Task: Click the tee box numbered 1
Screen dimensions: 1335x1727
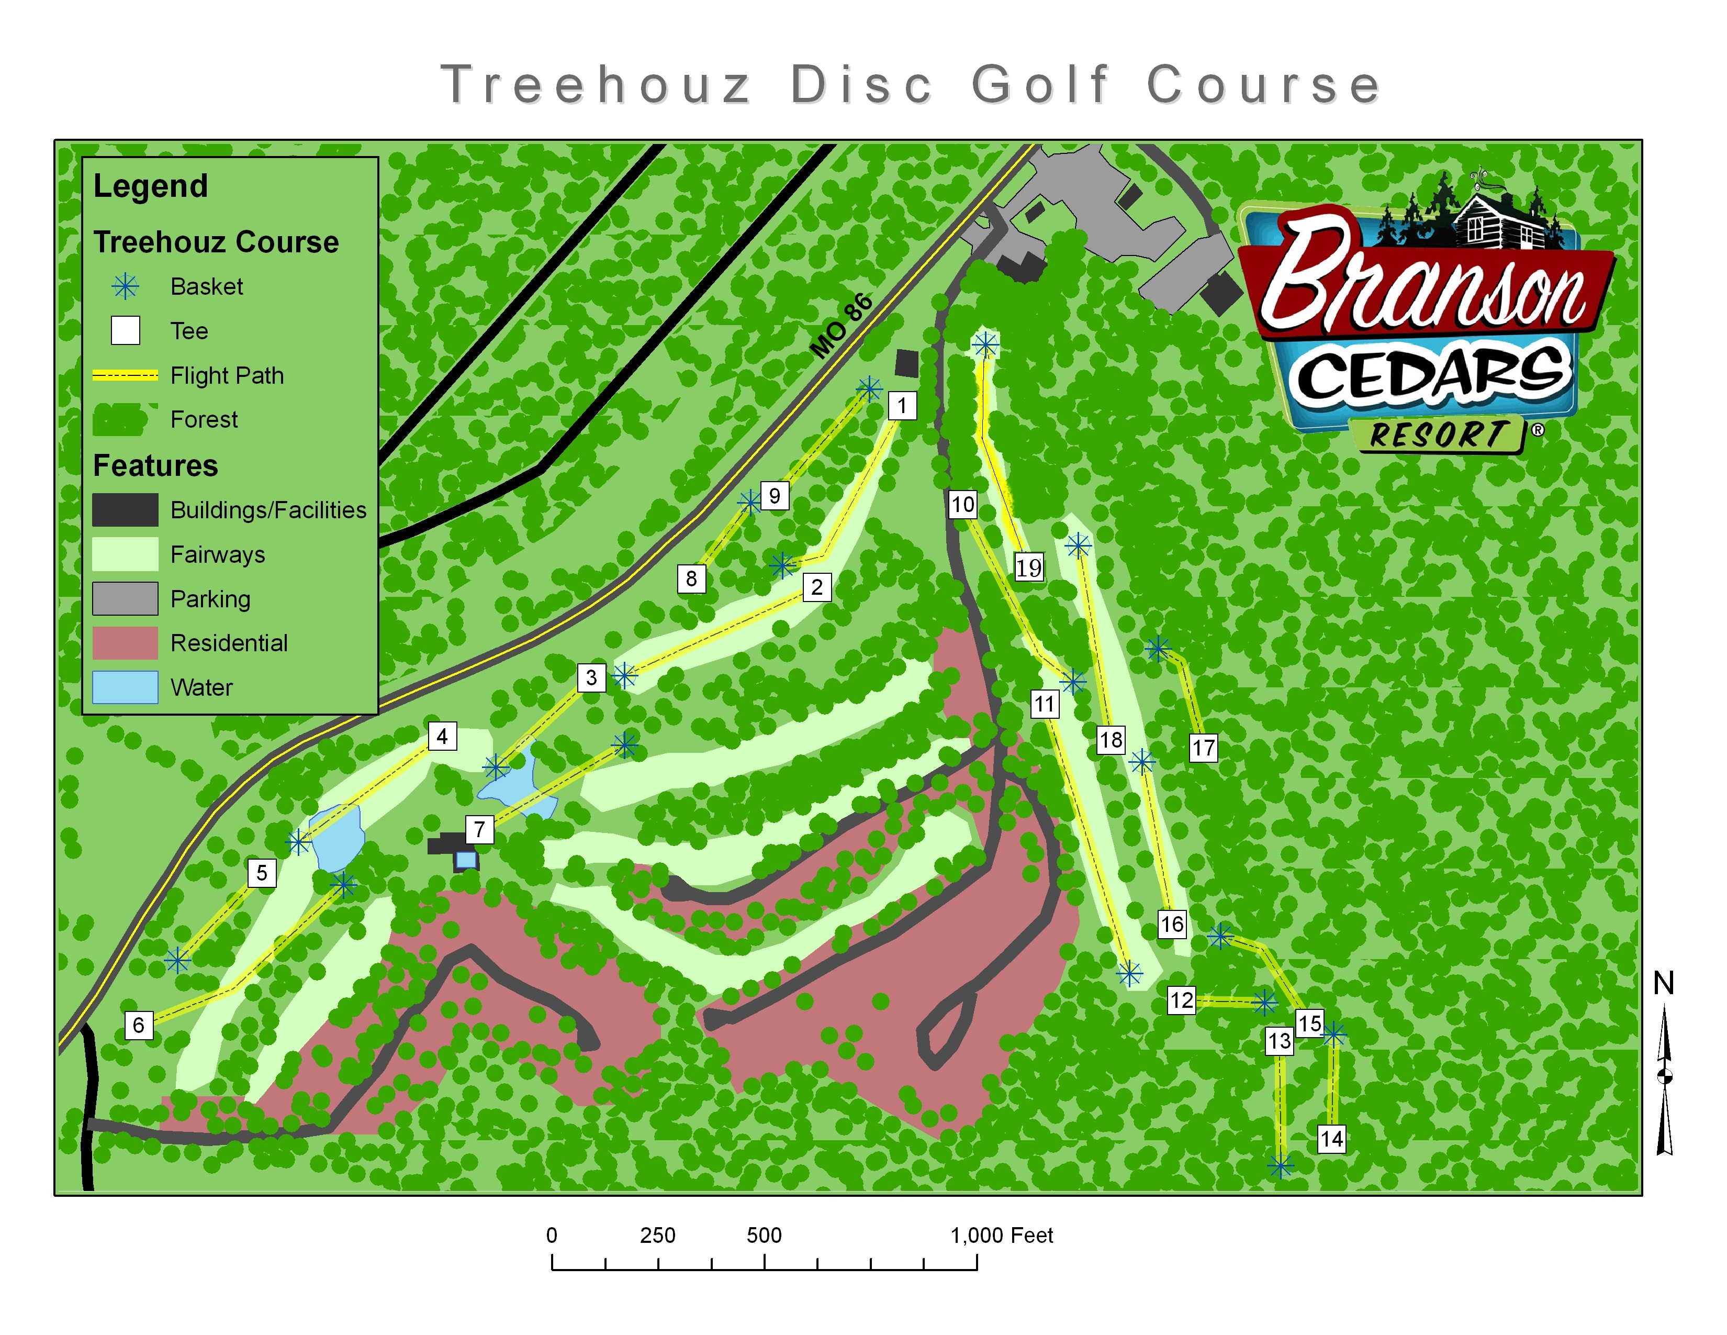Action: point(902,406)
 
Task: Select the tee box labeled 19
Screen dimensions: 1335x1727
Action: point(1029,567)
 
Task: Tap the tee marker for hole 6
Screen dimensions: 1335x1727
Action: point(138,1025)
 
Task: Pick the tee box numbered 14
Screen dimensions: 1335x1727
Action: point(1331,1139)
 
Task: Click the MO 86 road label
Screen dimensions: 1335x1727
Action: point(842,326)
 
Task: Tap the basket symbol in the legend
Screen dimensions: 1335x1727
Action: point(125,286)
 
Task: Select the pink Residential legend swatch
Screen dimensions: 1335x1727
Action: point(125,643)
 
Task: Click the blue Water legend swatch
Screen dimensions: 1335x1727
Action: point(125,687)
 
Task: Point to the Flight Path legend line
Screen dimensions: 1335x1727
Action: point(125,376)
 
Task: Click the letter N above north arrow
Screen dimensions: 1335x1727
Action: point(1664,983)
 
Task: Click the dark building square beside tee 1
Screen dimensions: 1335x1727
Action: point(906,363)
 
